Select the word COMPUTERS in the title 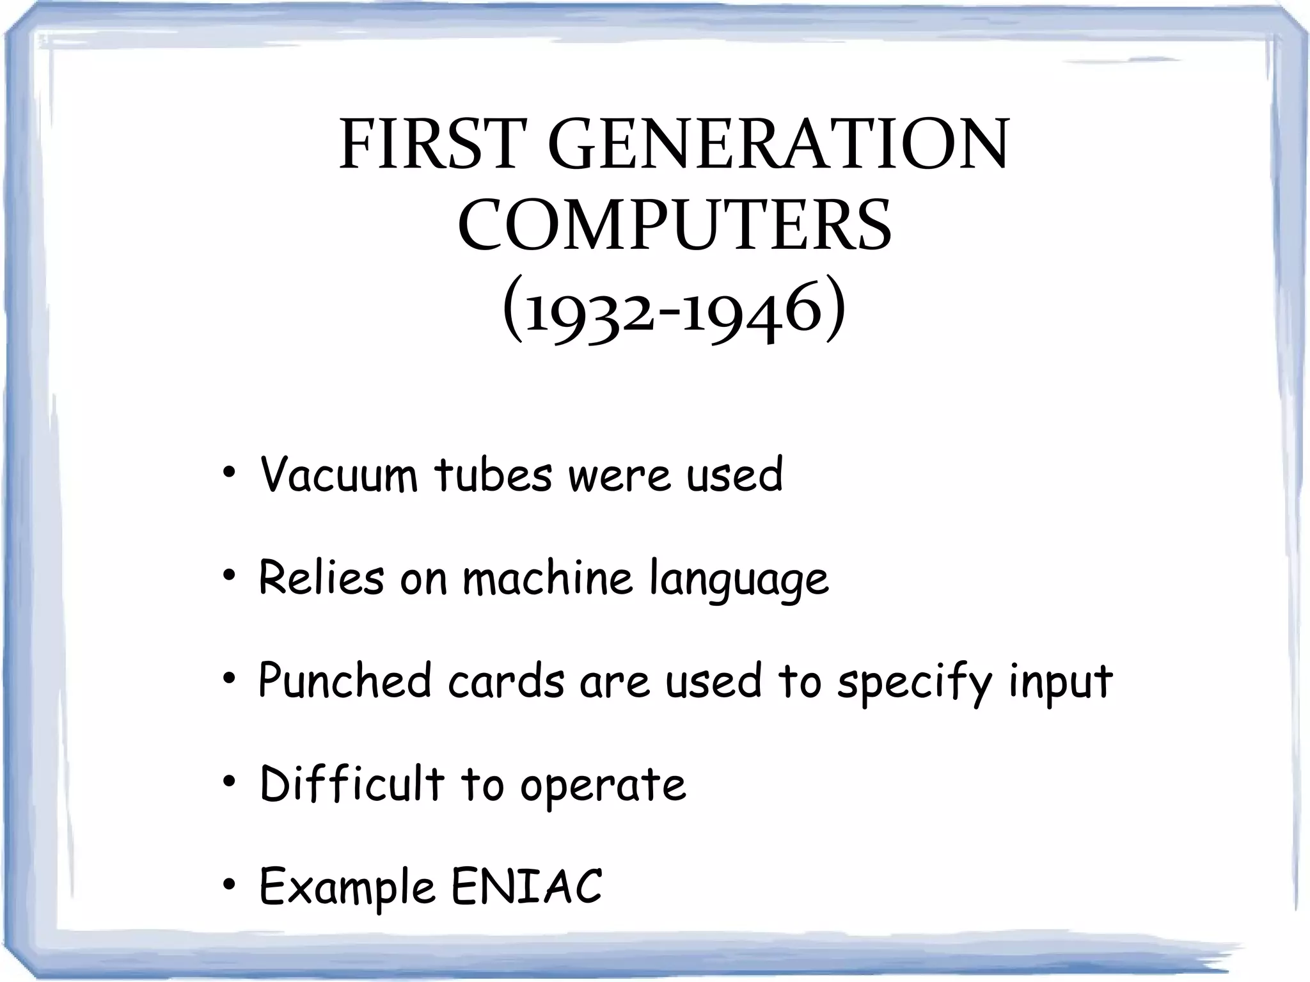(x=674, y=226)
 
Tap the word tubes (x=493, y=475)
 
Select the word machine (x=548, y=577)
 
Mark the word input (x=1061, y=683)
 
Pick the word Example (x=347, y=888)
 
